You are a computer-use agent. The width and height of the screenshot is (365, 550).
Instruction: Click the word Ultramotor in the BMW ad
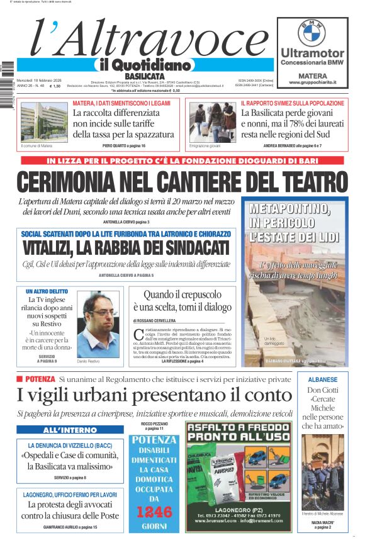click(x=312, y=53)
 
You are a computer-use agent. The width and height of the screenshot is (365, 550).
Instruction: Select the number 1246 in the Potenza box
click(x=154, y=512)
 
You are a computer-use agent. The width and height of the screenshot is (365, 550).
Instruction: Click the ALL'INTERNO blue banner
click(x=61, y=430)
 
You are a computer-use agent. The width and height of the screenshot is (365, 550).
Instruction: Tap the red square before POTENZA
click(x=20, y=379)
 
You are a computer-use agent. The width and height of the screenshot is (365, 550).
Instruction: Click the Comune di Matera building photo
click(x=36, y=123)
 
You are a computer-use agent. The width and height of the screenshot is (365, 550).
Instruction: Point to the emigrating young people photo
click(x=211, y=123)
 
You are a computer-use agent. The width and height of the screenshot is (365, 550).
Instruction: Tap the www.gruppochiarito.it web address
click(x=312, y=82)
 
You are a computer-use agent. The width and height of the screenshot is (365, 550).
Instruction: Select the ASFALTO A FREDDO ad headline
click(x=239, y=432)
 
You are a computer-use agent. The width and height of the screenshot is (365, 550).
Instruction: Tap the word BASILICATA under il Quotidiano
click(x=140, y=76)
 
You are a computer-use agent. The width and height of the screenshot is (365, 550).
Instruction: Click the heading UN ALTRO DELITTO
click(x=47, y=292)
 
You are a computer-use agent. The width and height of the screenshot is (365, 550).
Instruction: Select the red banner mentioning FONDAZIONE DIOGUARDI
click(x=182, y=160)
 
